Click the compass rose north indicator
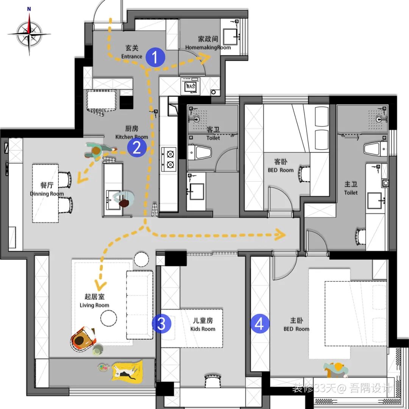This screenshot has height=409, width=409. pos(29,9)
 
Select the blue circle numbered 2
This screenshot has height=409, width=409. pos(137,148)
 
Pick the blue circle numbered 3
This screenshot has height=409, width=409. pos(162,324)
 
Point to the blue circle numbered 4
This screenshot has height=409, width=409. pos(260,324)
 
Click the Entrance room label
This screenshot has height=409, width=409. pos(132,52)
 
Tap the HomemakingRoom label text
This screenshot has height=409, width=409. pos(208,43)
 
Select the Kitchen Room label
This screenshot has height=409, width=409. pos(131,133)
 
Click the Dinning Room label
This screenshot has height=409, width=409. pos(47,190)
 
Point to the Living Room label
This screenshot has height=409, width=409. pos(94,301)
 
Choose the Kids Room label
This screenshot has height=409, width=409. pos(203,325)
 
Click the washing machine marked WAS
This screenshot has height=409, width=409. pos(190,86)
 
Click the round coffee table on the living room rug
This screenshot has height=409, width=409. pos(109,317)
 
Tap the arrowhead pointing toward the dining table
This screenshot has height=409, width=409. pos(80,178)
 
